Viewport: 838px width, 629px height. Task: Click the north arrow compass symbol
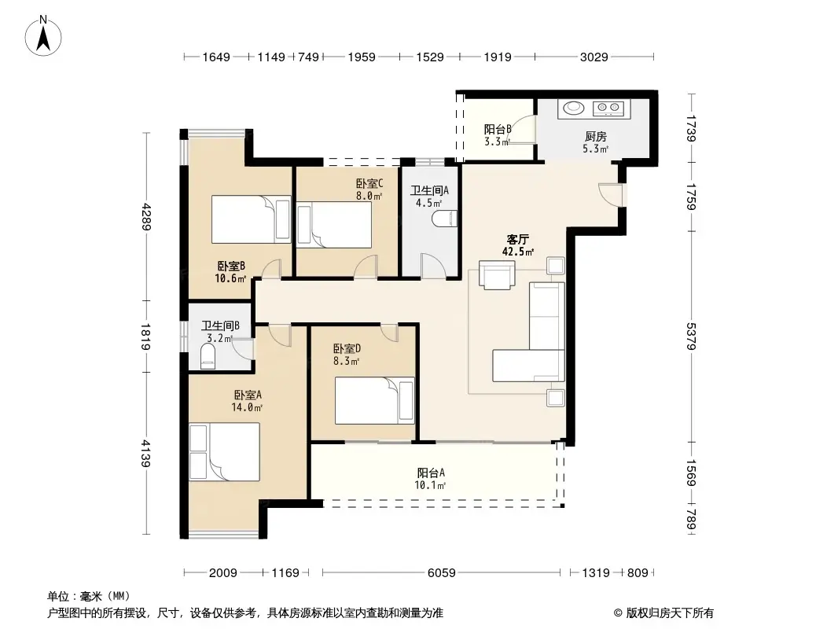click(x=43, y=36)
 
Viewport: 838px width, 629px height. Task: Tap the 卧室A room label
click(x=248, y=395)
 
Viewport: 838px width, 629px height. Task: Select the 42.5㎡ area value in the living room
click(x=517, y=251)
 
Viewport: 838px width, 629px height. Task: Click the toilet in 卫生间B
click(x=208, y=356)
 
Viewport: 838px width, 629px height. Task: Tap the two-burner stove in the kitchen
click(x=608, y=109)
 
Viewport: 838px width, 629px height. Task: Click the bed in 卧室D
click(x=375, y=401)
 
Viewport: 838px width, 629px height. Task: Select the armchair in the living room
click(x=497, y=274)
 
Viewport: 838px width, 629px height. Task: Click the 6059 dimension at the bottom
click(x=442, y=573)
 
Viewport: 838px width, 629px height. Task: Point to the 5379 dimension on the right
click(x=691, y=337)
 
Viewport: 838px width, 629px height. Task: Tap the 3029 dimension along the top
click(x=594, y=57)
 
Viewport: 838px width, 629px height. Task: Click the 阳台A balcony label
click(x=431, y=473)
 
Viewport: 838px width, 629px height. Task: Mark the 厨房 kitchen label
click(x=595, y=137)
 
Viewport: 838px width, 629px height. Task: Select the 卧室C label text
click(x=369, y=184)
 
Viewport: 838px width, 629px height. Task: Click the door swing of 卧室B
click(x=271, y=268)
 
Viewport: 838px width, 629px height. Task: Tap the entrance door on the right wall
click(x=610, y=194)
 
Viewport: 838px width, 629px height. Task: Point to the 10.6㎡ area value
click(x=230, y=278)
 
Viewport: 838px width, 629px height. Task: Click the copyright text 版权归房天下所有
click(x=670, y=613)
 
